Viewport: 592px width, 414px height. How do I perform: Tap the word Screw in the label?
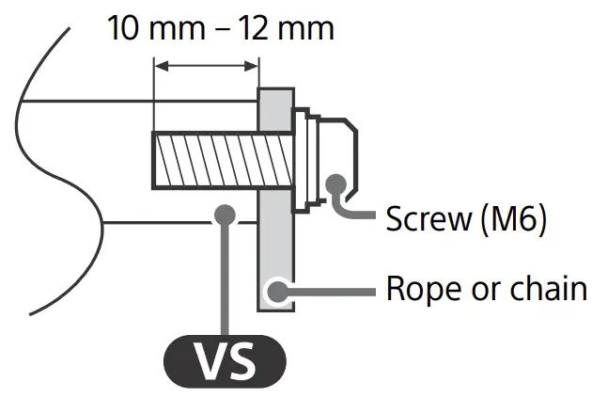(428, 221)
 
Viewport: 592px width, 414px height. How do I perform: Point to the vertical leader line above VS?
(225, 282)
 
